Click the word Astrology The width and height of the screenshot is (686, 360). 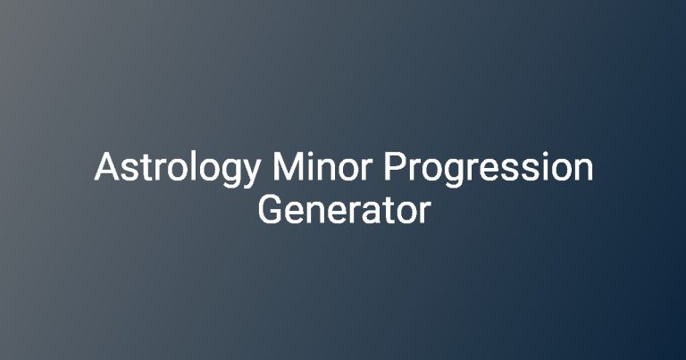point(178,170)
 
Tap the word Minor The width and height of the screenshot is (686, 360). point(322,166)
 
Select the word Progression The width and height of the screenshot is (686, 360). point(489,170)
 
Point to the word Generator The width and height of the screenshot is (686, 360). point(344,210)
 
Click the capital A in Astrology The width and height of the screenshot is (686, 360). point(106,166)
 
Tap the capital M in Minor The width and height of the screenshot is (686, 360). point(289,166)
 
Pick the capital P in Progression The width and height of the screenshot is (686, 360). point(395,166)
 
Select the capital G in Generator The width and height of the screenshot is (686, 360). point(272,210)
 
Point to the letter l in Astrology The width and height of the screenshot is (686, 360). point(193,166)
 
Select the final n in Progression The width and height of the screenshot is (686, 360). point(584,170)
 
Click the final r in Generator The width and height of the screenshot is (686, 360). point(426,213)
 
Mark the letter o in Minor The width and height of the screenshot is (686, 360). point(352,170)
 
